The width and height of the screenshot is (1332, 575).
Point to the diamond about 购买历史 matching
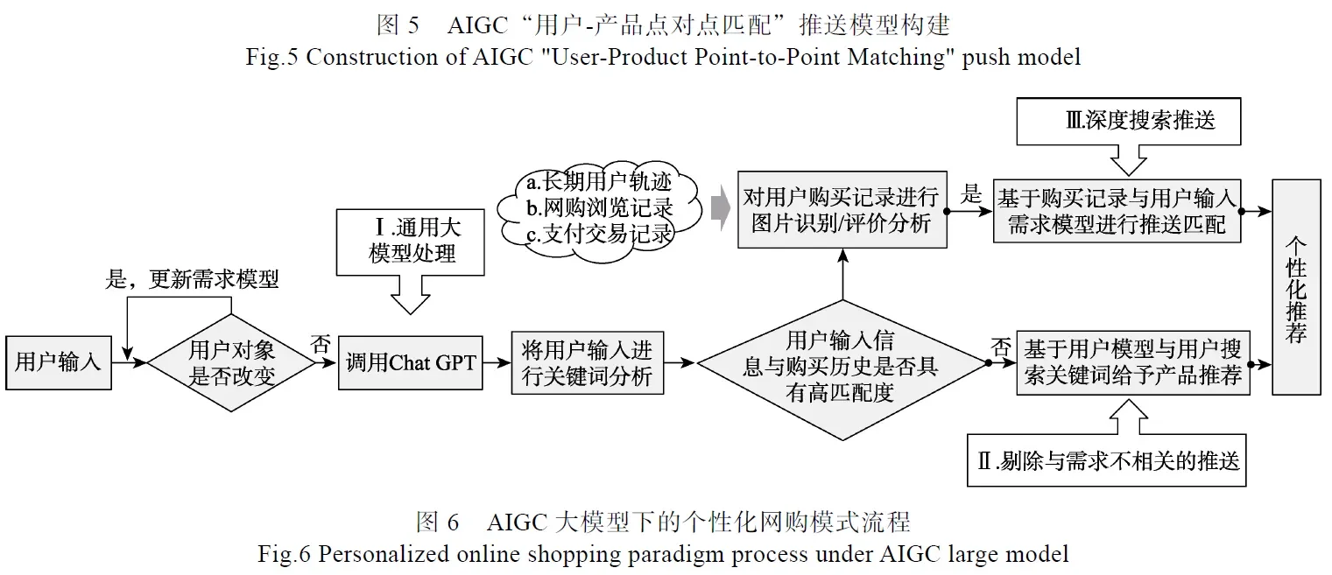(840, 366)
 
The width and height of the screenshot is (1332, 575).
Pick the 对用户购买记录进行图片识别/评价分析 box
(841, 210)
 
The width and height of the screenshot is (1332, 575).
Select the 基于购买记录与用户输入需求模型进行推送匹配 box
(1116, 212)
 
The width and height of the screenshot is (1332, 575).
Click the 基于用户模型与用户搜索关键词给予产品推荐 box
(1132, 363)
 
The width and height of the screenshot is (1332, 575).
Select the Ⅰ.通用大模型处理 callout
(411, 242)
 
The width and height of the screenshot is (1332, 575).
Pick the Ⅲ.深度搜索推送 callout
(1128, 121)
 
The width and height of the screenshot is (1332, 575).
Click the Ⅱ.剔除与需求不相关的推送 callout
(1108, 460)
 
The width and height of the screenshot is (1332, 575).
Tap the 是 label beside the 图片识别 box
(971, 195)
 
